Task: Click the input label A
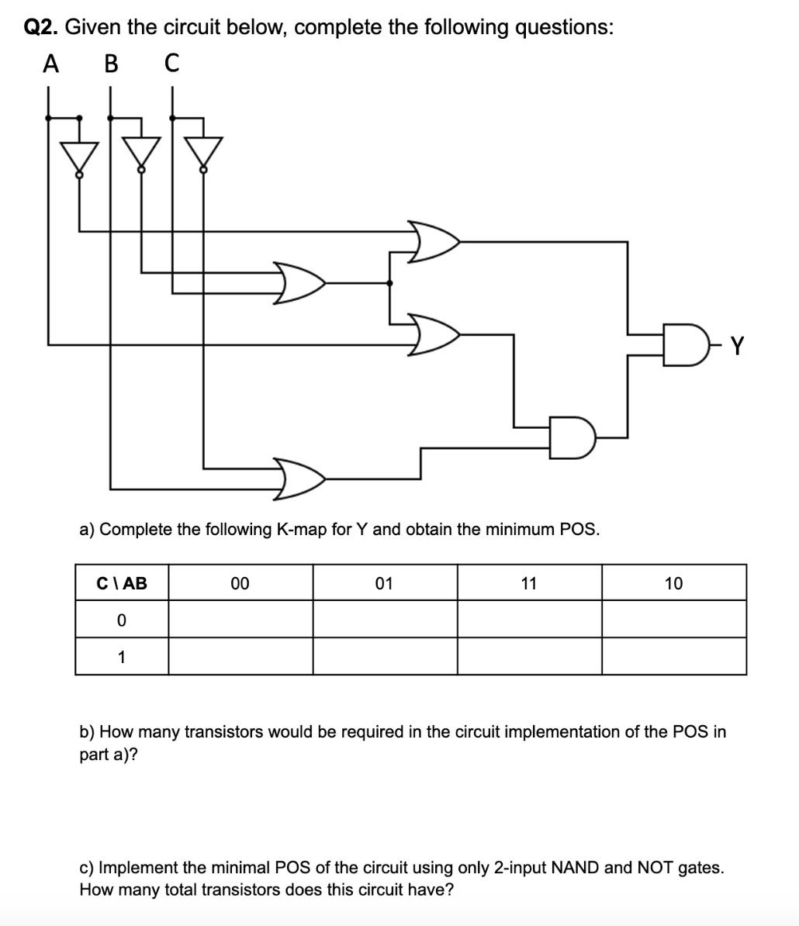tap(50, 63)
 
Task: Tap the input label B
tap(110, 63)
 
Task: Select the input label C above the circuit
tap(171, 63)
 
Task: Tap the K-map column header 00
tap(240, 583)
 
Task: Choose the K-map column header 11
tap(528, 583)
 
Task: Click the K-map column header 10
tap(673, 583)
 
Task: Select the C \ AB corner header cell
tap(122, 583)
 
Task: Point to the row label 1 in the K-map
tap(121, 657)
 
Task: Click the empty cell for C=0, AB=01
tap(385, 620)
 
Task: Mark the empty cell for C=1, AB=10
tap(673, 657)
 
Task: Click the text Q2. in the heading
tap(42, 27)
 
